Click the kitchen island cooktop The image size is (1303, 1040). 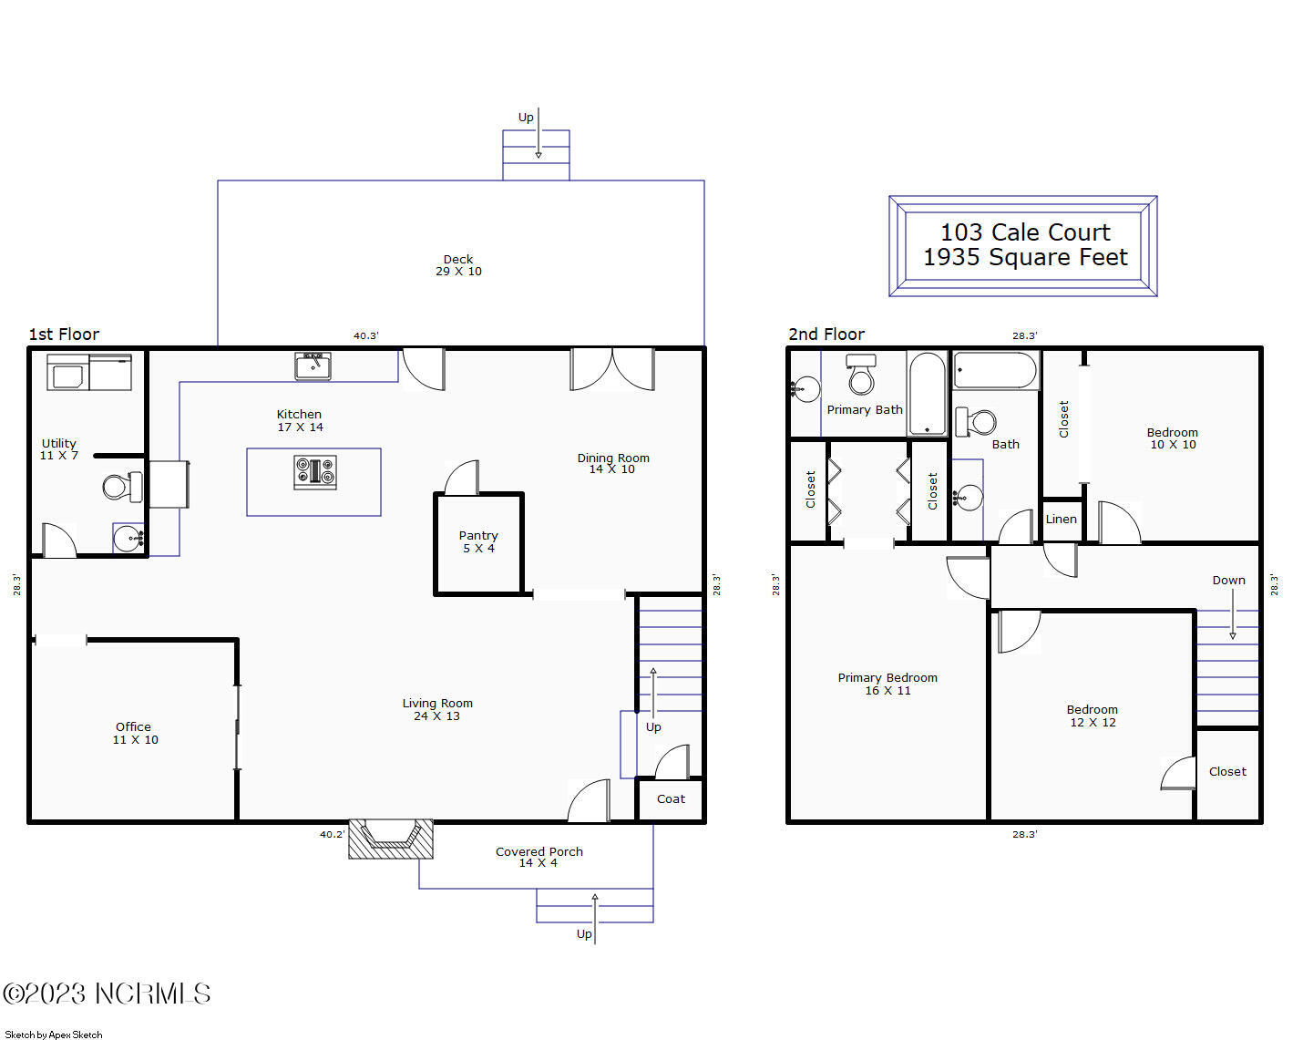pyautogui.click(x=314, y=472)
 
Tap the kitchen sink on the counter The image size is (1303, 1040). pyautogui.click(x=313, y=366)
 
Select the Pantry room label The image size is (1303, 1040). pyautogui.click(x=478, y=541)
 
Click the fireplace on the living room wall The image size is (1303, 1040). pyautogui.click(x=391, y=839)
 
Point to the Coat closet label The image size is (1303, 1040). pyautogui.click(x=671, y=799)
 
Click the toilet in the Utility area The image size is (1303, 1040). pyautogui.click(x=122, y=487)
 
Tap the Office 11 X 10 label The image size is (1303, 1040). pyautogui.click(x=135, y=734)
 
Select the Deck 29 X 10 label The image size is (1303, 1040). pyautogui.click(x=458, y=265)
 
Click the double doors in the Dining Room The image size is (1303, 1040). pyautogui.click(x=612, y=370)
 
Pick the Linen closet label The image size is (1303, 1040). pyautogui.click(x=1061, y=520)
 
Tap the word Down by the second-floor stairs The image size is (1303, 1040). pyautogui.click(x=1228, y=581)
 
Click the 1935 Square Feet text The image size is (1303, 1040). pyautogui.click(x=1025, y=258)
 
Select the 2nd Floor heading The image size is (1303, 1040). pyautogui.click(x=826, y=335)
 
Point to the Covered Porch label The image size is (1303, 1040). pyautogui.click(x=539, y=857)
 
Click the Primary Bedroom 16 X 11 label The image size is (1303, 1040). pyautogui.click(x=887, y=684)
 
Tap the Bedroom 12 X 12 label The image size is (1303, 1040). pyautogui.click(x=1092, y=716)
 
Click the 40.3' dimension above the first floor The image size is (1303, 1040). pyautogui.click(x=365, y=335)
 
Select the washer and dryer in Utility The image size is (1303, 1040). pyautogui.click(x=89, y=373)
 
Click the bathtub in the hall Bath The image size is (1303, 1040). pyautogui.click(x=995, y=371)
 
